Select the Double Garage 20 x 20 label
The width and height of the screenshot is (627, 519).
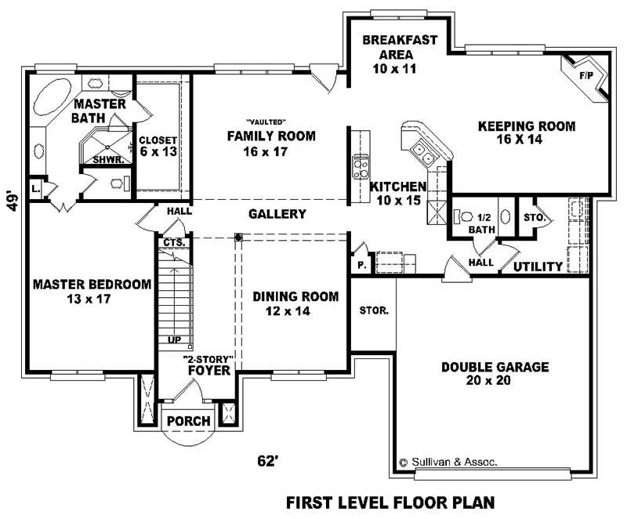coord(494,373)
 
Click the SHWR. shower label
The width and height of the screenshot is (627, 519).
coord(106,159)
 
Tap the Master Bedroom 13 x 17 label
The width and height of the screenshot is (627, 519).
coord(91,291)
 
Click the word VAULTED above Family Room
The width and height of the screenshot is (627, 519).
coord(265,122)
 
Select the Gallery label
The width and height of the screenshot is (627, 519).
coord(277,214)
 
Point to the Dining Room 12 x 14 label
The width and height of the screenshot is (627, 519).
coord(295,303)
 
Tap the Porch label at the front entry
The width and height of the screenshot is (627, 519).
coord(189,421)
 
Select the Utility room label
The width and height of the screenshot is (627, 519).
coord(538,267)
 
